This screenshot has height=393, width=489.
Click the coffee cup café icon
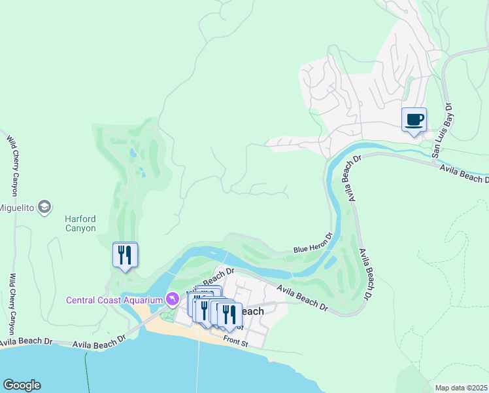tap(413, 121)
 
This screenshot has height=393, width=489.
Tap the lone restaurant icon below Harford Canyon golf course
tap(125, 255)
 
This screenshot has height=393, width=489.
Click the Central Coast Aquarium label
tap(114, 300)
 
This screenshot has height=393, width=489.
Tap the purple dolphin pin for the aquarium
tap(172, 299)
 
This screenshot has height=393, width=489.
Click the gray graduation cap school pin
tap(44, 208)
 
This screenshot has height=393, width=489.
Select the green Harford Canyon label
tap(80, 223)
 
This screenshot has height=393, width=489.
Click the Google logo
tap(21, 385)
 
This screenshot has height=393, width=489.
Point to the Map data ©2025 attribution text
tap(461, 388)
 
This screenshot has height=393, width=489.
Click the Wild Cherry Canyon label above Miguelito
tap(13, 164)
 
